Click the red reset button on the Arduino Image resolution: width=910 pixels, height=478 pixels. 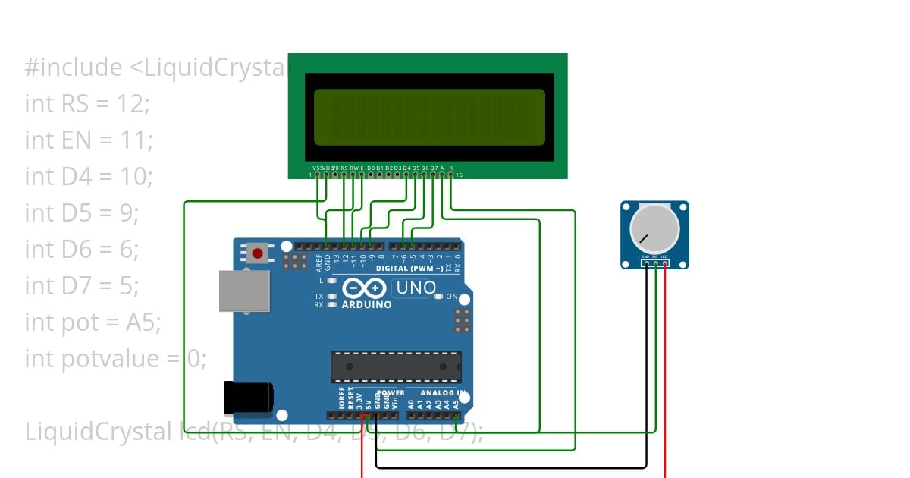259,253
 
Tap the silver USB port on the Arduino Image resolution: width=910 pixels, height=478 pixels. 244,291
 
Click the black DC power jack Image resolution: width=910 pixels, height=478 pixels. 248,397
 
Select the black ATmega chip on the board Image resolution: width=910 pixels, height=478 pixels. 395,366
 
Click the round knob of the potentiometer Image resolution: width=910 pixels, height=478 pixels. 654,230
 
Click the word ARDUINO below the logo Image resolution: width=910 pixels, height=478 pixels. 367,305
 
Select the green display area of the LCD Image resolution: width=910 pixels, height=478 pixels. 429,117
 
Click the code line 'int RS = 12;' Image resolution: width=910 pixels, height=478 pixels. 87,104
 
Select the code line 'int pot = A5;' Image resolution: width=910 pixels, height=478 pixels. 93,322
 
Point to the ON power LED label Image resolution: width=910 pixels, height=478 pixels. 451,297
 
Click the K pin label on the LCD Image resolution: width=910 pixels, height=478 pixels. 451,168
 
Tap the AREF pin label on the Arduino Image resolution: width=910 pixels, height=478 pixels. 318,263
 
